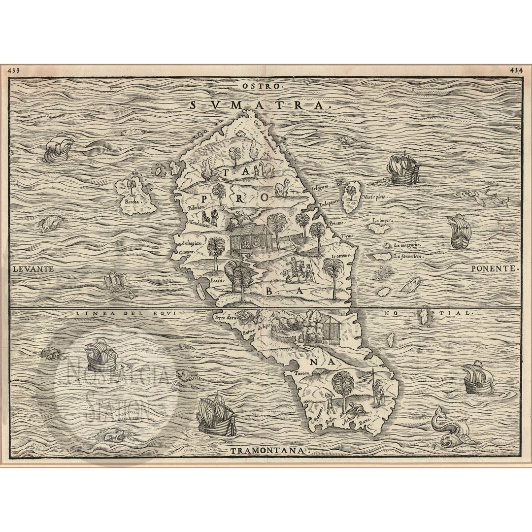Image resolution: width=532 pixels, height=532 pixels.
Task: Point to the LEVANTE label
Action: (x=33, y=269)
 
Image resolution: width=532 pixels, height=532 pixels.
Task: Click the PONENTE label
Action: (x=495, y=269)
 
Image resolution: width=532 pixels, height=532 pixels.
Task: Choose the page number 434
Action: (x=517, y=70)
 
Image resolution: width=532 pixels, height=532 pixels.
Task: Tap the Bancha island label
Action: (x=132, y=201)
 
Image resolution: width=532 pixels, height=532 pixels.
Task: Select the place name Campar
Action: (x=187, y=251)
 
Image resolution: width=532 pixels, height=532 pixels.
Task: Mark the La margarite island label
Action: (x=407, y=245)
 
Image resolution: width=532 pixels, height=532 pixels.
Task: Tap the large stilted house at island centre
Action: (x=250, y=238)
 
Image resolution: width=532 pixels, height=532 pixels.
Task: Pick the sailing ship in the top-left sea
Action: (x=58, y=147)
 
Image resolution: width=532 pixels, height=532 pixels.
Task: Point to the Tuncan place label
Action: (x=302, y=373)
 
